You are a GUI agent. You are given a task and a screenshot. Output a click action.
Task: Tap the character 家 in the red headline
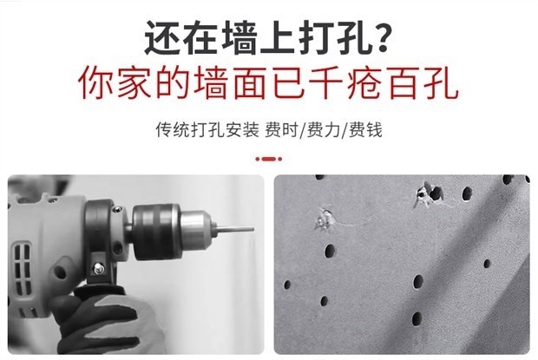point(134,82)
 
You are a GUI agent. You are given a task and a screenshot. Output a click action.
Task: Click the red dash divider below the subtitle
point(269,159)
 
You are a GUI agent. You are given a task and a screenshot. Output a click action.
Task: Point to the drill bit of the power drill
point(235,229)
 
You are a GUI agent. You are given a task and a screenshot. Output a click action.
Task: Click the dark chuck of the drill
point(156,232)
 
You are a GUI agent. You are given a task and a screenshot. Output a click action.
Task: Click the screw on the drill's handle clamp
point(99,267)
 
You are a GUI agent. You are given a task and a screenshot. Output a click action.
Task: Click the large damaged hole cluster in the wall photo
point(429,194)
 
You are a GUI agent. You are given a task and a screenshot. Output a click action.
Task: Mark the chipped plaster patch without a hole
point(325,219)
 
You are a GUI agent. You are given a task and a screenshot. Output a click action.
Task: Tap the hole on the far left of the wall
point(287,285)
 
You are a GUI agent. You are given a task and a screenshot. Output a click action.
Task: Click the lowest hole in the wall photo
point(417,319)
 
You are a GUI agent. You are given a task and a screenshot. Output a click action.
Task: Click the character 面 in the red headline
point(249,82)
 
